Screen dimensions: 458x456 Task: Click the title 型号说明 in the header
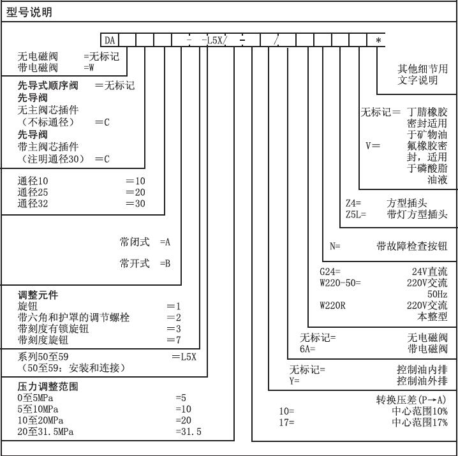point(29,12)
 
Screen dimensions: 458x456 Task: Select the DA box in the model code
point(110,40)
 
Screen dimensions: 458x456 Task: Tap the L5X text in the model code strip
point(215,40)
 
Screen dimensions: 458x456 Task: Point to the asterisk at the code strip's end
point(378,40)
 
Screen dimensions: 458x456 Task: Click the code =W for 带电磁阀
point(89,68)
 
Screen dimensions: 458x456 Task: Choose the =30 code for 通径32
point(135,203)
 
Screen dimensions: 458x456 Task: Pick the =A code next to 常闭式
point(165,242)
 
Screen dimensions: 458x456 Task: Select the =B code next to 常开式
point(165,263)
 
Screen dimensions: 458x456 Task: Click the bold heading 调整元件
point(38,295)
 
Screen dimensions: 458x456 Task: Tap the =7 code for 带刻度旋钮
point(174,340)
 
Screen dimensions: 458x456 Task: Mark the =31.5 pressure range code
point(189,432)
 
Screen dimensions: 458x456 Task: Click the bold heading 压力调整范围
point(48,386)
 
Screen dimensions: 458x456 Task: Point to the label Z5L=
point(356,214)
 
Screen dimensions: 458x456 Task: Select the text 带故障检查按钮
point(412,246)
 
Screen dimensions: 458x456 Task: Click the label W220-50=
point(340,283)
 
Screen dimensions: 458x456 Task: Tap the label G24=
point(330,272)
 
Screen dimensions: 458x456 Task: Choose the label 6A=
point(307,349)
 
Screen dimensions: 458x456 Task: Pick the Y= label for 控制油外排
point(295,381)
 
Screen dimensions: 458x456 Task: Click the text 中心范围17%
point(420,422)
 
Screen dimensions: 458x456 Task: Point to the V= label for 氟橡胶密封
point(373,145)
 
